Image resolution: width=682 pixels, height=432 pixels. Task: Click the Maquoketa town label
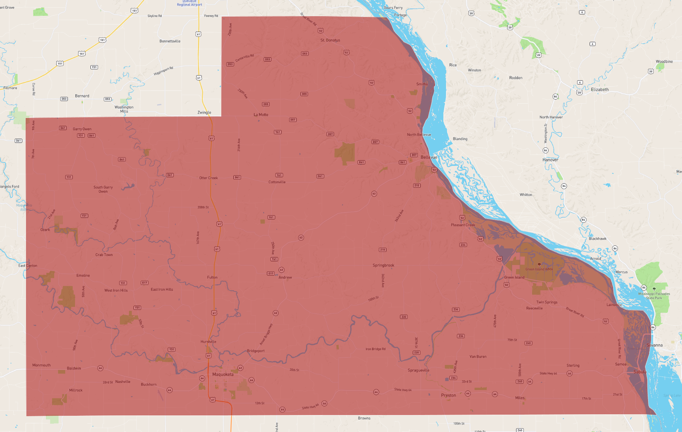pos(223,374)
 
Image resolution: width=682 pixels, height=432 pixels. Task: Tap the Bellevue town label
pos(429,157)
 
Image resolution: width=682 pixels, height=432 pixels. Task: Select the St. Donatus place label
pos(330,40)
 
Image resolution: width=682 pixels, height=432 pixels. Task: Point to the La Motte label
pos(261,115)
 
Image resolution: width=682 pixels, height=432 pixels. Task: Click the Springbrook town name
pos(383,265)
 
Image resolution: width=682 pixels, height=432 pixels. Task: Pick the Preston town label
pos(448,395)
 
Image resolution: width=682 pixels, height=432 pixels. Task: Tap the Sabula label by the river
pos(640,372)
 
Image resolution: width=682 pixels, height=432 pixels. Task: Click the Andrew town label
pos(285,277)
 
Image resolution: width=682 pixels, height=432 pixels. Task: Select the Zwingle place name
pos(204,112)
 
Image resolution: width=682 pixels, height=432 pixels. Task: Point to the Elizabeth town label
pos(599,90)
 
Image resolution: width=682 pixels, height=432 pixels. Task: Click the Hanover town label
pos(550,160)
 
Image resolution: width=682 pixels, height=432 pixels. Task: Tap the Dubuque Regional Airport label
pos(189,3)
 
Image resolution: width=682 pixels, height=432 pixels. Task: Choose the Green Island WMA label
pos(539,269)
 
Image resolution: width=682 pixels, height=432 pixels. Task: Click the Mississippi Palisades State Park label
pos(654,296)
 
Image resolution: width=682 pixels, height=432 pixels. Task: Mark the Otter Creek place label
pos(208,178)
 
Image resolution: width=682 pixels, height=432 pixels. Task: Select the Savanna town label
pos(654,345)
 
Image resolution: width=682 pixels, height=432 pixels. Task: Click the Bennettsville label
pos(170,41)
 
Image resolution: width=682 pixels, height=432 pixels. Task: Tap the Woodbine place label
pos(664,61)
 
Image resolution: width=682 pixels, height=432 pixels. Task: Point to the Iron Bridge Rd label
pos(375,349)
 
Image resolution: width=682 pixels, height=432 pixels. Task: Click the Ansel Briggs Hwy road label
pos(266,334)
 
